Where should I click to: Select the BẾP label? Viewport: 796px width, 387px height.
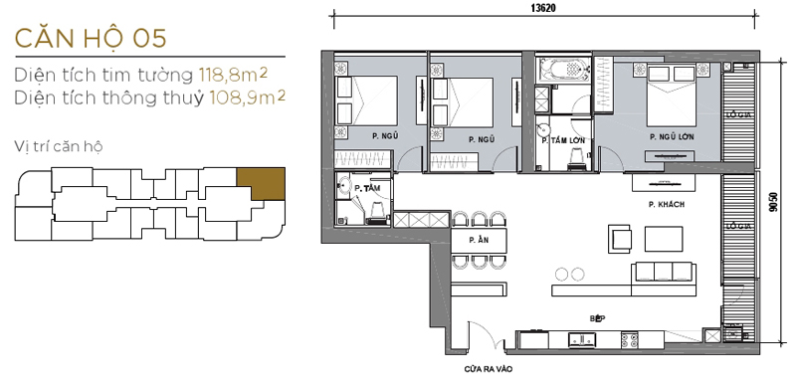597,317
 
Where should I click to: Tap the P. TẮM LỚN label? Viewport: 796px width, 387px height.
561,140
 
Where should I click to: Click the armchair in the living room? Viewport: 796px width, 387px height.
620,238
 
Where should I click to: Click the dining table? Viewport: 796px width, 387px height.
480,242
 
